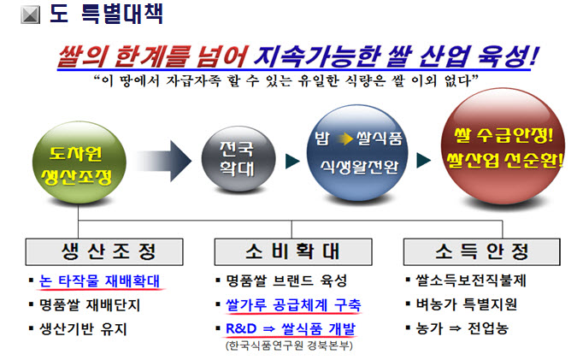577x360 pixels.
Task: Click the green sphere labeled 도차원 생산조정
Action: click(x=79, y=162)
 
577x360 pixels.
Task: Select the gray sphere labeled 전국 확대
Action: click(x=238, y=159)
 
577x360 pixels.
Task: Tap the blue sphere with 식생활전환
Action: click(x=357, y=152)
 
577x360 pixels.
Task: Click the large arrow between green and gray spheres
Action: click(x=164, y=161)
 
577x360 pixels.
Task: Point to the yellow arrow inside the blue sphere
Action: click(x=346, y=139)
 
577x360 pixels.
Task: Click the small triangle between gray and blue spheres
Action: click(x=292, y=161)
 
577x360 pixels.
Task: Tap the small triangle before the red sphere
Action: click(x=423, y=161)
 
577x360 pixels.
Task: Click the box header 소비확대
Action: click(x=293, y=251)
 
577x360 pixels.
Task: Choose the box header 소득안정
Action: click(x=482, y=251)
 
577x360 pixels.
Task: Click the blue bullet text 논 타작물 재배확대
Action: click(x=99, y=280)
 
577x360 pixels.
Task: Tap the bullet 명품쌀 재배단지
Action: click(x=90, y=305)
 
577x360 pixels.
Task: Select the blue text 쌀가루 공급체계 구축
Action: click(x=293, y=304)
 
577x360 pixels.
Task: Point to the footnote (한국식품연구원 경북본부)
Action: click(x=289, y=345)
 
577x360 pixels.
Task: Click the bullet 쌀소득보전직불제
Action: click(x=471, y=280)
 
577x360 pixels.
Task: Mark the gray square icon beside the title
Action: click(x=30, y=15)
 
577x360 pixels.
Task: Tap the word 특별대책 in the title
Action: click(x=121, y=14)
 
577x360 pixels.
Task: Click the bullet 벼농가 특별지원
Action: click(x=466, y=304)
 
